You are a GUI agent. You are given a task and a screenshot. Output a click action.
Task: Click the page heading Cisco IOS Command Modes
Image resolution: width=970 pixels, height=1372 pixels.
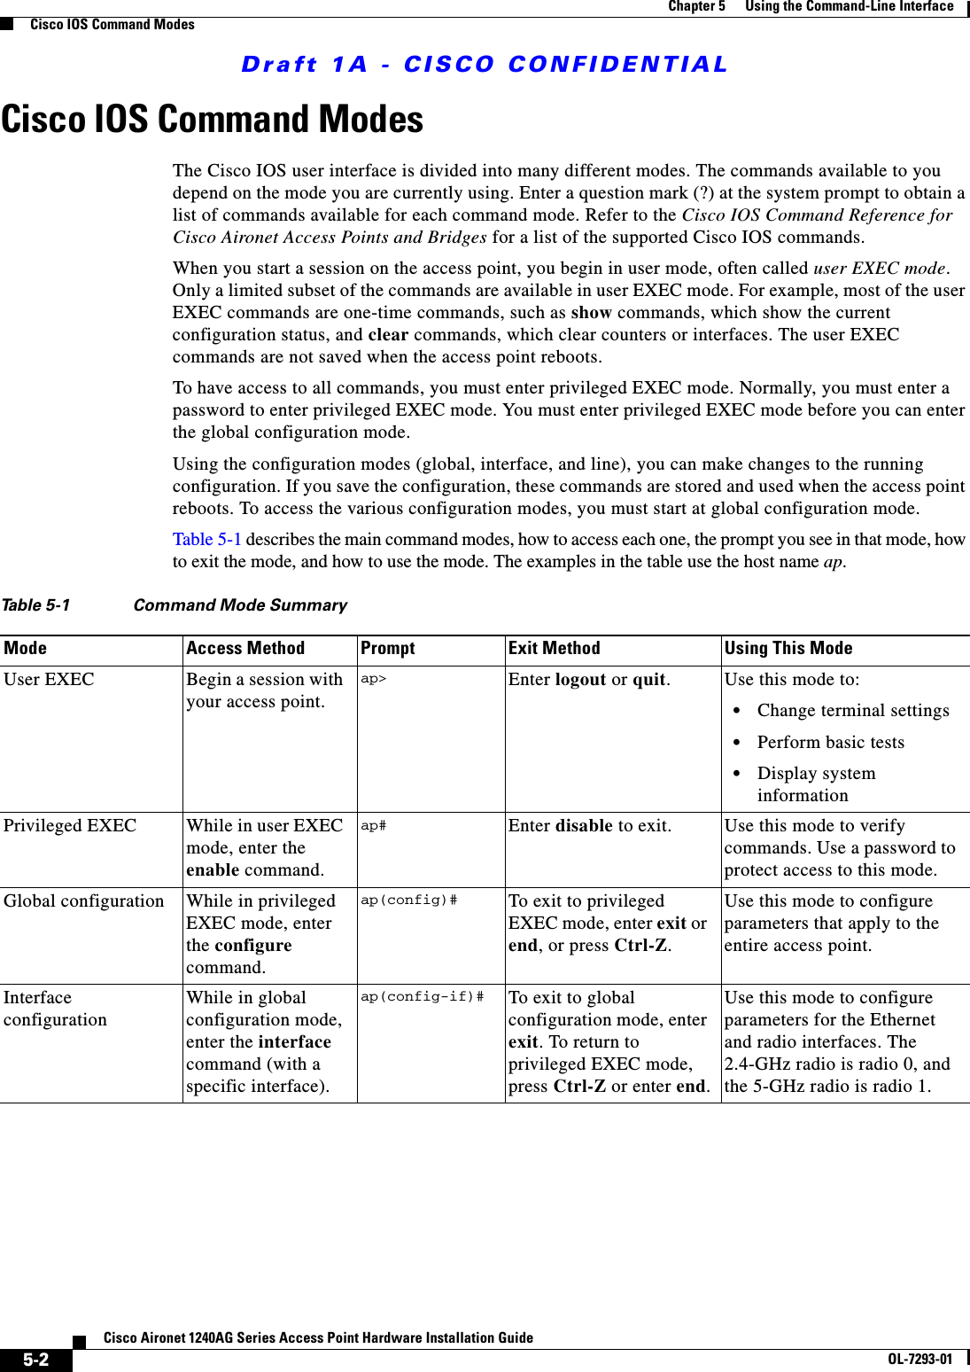(x=213, y=120)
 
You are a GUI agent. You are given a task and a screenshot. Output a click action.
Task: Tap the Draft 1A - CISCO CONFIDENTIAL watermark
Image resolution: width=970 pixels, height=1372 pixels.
(x=484, y=65)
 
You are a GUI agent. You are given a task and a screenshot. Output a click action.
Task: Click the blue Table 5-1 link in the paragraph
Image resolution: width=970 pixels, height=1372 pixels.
(x=206, y=540)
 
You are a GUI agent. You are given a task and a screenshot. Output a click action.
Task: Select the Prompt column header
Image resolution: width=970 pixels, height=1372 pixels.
(x=387, y=649)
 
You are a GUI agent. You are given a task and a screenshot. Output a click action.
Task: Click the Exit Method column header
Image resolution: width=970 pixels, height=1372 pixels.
(x=554, y=649)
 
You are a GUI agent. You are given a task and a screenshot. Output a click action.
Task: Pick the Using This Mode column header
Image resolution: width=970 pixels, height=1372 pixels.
(x=788, y=649)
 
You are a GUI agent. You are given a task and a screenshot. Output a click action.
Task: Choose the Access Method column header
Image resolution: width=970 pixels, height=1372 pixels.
(x=245, y=649)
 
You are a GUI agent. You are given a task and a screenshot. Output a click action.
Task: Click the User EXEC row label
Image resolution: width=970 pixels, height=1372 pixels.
(x=49, y=680)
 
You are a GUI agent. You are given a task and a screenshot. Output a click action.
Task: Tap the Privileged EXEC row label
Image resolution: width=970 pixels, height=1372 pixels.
(x=70, y=826)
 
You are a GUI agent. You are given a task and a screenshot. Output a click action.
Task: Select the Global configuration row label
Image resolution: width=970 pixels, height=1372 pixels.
(x=83, y=901)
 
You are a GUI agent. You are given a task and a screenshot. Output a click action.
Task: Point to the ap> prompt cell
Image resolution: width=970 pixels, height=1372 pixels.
(x=373, y=679)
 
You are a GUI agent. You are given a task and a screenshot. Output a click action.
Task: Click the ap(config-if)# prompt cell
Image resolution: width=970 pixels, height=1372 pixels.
(x=422, y=997)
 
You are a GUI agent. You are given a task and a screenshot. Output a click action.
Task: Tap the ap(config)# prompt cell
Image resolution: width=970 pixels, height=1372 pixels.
(x=408, y=900)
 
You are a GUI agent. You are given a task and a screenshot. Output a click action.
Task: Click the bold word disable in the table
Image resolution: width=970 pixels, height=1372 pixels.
(x=583, y=826)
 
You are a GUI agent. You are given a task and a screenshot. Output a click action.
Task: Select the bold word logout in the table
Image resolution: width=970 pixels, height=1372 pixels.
(x=580, y=680)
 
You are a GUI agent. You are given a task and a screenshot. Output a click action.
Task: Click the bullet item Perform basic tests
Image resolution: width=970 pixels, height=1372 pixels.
(x=830, y=743)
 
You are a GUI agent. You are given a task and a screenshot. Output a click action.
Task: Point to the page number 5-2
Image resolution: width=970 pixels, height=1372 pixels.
(x=35, y=1360)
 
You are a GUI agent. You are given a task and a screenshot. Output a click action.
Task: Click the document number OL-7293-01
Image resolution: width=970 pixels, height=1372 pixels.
(x=920, y=1360)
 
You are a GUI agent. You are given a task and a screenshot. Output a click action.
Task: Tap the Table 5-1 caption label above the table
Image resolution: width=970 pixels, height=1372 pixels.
(x=35, y=605)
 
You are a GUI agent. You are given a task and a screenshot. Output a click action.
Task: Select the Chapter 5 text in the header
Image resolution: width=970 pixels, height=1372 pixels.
(x=696, y=7)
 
